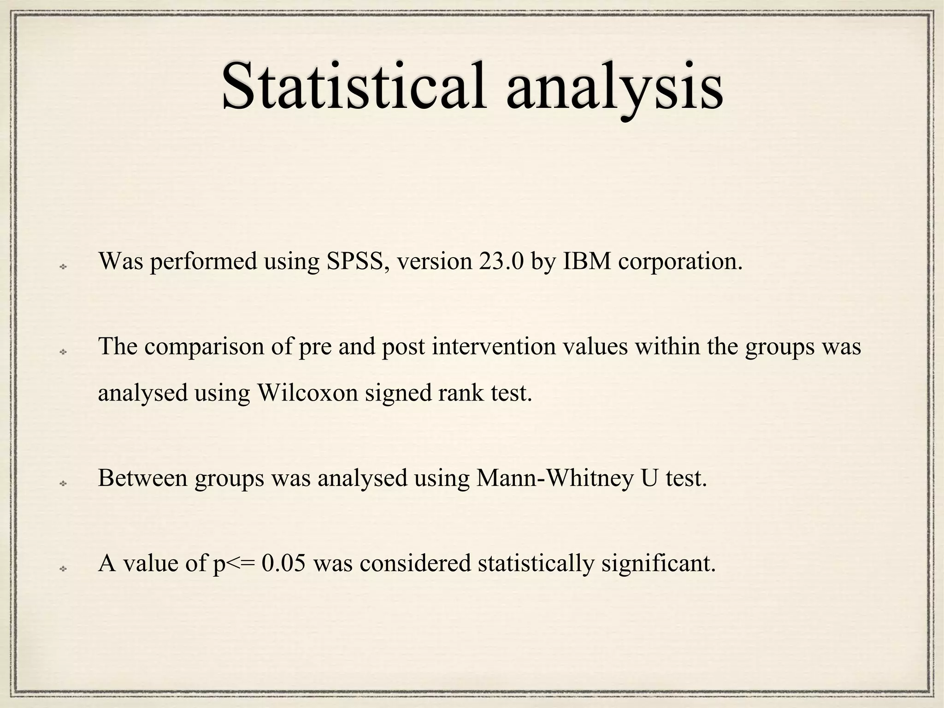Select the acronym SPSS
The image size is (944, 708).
coord(355,261)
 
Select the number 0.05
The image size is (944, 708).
coord(283,563)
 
